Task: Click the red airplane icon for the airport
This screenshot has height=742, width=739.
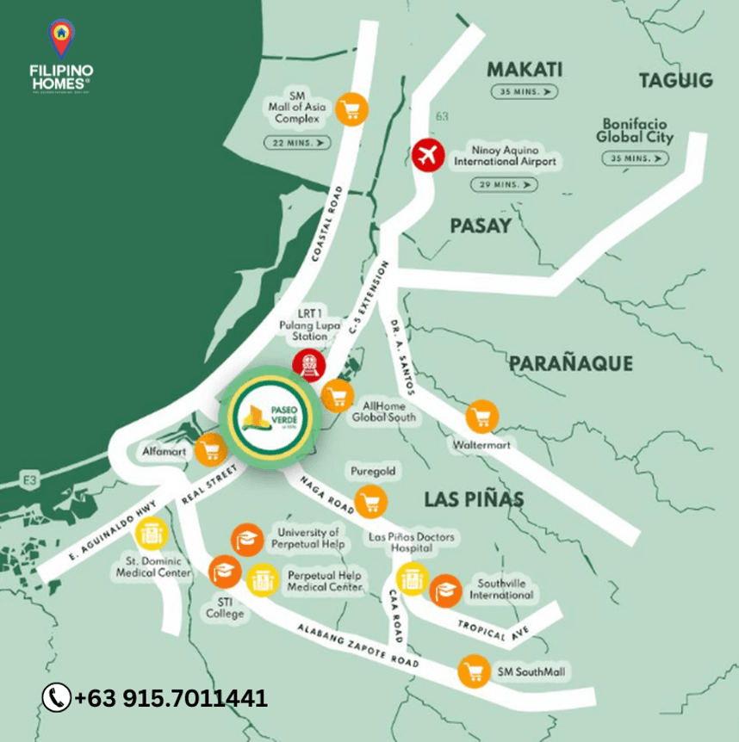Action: tap(428, 156)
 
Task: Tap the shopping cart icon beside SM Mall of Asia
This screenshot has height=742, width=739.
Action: tap(352, 108)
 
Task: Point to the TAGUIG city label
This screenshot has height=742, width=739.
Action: tap(676, 81)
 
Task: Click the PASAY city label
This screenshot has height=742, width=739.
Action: tap(481, 226)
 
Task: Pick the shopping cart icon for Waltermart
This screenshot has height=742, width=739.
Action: tap(481, 418)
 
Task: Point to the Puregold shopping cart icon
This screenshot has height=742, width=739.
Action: tap(370, 500)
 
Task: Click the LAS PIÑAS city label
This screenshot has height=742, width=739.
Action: tap(474, 499)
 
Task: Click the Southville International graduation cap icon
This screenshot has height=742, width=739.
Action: tap(445, 590)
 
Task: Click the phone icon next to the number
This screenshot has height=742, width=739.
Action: tap(57, 697)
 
